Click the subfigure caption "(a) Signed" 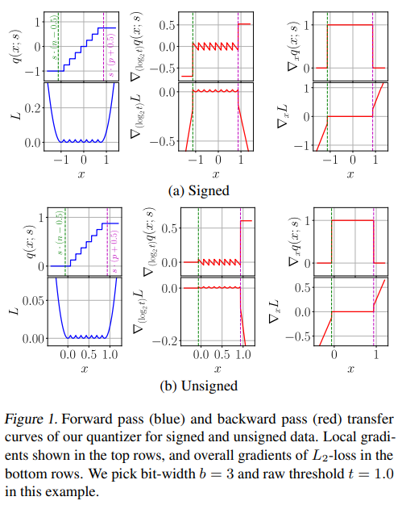tap(200, 191)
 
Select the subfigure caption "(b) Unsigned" tap(200, 386)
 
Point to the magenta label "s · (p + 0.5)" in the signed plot tap(110, 48)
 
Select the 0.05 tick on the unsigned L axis tap(29, 299)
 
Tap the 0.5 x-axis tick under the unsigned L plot tap(89, 354)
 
